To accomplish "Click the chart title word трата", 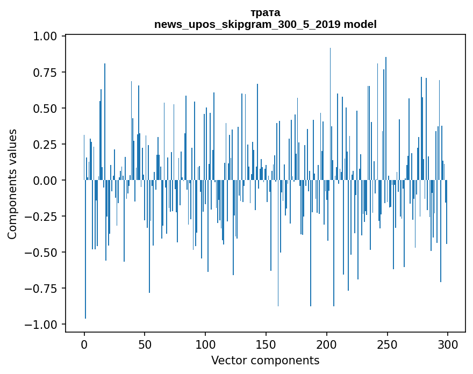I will (x=265, y=12).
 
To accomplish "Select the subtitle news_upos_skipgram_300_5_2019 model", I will (x=265, y=24).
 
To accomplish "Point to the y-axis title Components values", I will (x=12, y=184).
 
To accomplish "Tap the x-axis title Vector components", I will (x=265, y=360).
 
